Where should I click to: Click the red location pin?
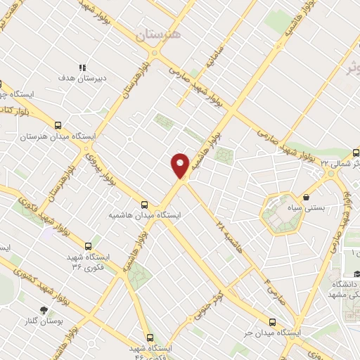(x=181, y=165)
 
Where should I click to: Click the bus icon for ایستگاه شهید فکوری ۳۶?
(x=89, y=246)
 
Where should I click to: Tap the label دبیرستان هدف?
(x=82, y=79)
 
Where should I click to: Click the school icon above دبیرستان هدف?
(x=82, y=67)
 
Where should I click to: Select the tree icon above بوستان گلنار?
(x=45, y=310)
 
